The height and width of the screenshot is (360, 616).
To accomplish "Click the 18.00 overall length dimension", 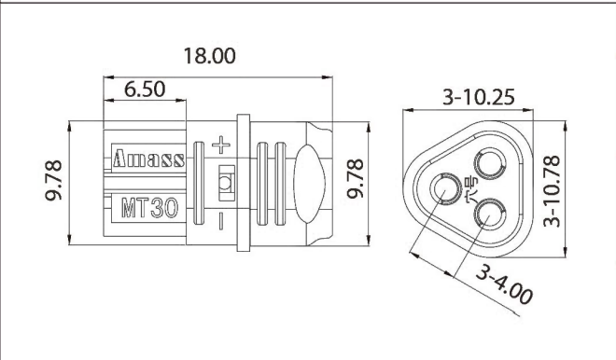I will tap(209, 55).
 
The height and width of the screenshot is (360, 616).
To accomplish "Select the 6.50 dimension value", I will tap(144, 90).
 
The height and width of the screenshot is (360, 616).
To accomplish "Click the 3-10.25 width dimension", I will tap(466, 96).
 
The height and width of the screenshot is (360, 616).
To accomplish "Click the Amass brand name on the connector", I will tap(148, 158).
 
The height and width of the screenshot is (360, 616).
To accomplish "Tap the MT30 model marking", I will tap(148, 207).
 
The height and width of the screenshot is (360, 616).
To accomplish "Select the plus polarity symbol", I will tap(221, 145).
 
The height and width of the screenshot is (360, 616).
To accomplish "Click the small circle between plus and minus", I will tap(224, 182).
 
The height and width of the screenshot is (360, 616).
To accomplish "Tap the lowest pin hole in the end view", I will tap(489, 217).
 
